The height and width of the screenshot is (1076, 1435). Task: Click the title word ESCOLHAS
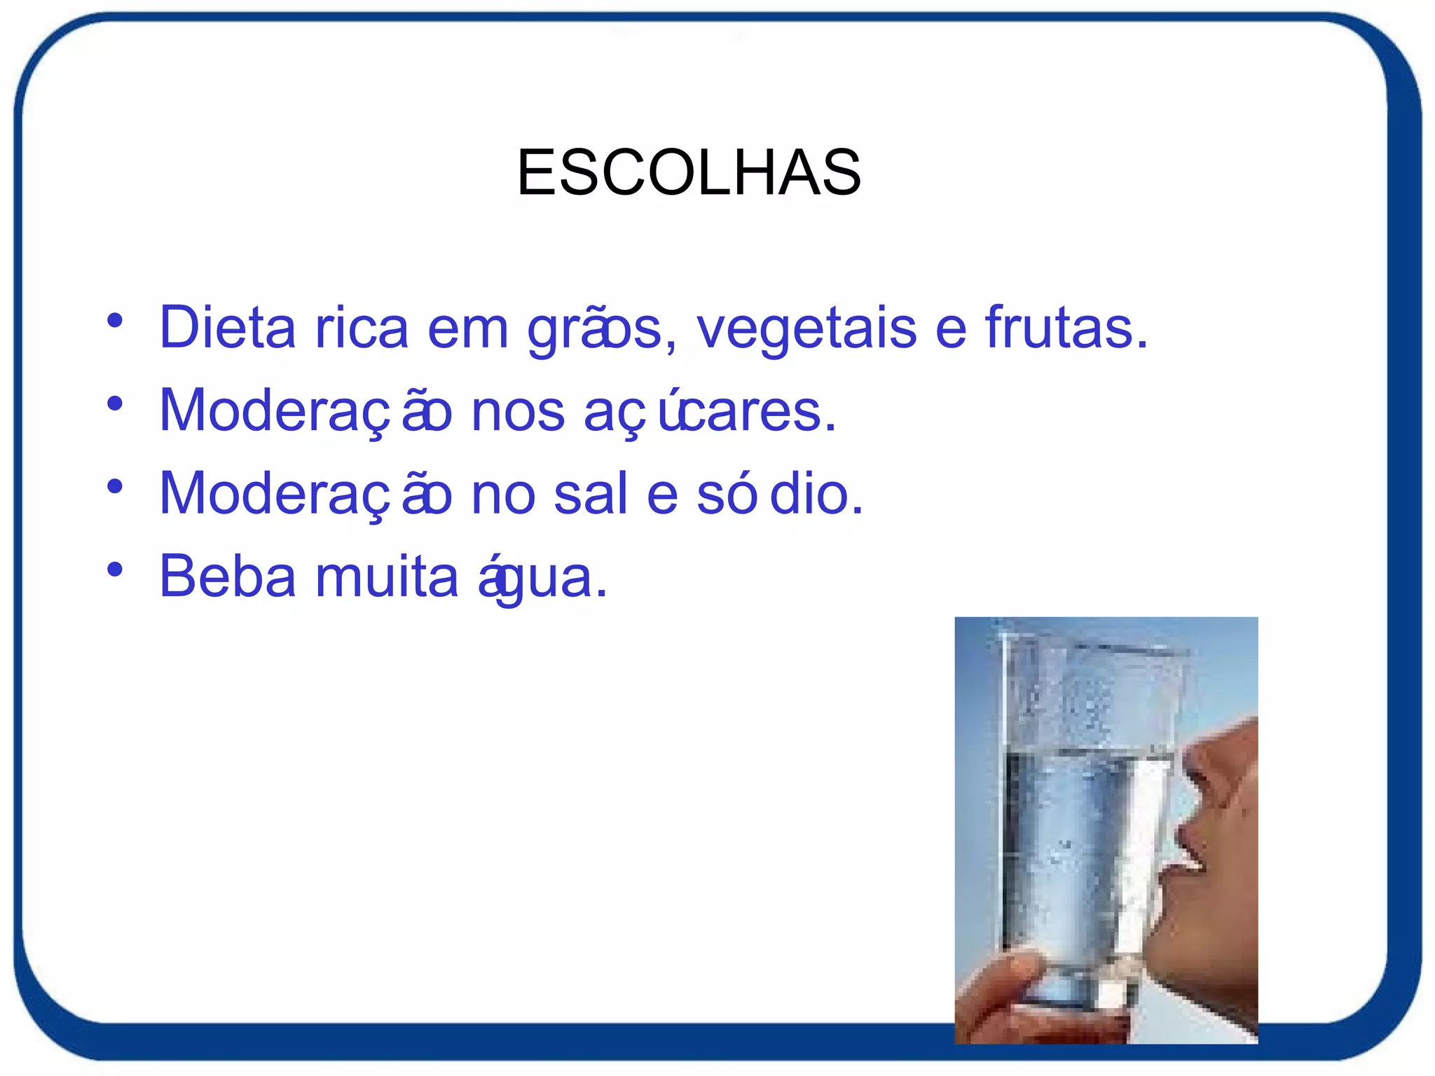pos(689,172)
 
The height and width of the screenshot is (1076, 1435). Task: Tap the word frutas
pos(1066,327)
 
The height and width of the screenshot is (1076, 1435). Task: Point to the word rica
pos(362,327)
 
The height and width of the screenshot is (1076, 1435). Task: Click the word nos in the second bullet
pos(518,412)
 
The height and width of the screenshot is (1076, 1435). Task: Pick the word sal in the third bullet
pos(590,493)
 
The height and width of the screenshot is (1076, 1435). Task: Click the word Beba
pos(228,577)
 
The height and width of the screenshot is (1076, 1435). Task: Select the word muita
pos(387,577)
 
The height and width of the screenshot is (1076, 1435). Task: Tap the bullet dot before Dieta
pos(115,322)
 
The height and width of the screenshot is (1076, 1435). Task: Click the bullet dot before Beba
pos(115,570)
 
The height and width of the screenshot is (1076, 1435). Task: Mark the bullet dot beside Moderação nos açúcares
pos(115,404)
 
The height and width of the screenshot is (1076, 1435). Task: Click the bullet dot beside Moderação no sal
pos(115,487)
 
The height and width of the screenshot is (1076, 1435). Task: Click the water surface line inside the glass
pos(1086,753)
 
